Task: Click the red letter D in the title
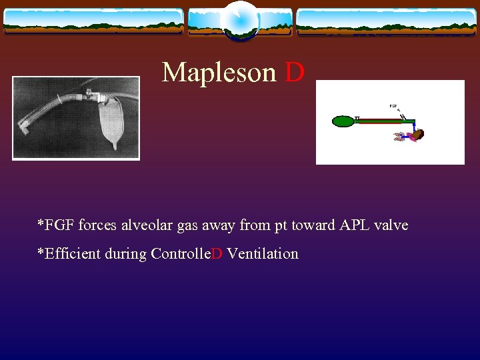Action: tap(295, 72)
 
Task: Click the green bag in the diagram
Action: tap(343, 121)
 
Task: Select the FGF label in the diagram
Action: tap(394, 105)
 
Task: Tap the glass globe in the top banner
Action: tap(239, 20)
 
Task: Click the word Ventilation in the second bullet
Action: tap(263, 254)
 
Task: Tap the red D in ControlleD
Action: tap(217, 254)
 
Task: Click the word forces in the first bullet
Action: tap(96, 225)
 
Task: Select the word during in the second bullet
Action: tap(126, 254)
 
